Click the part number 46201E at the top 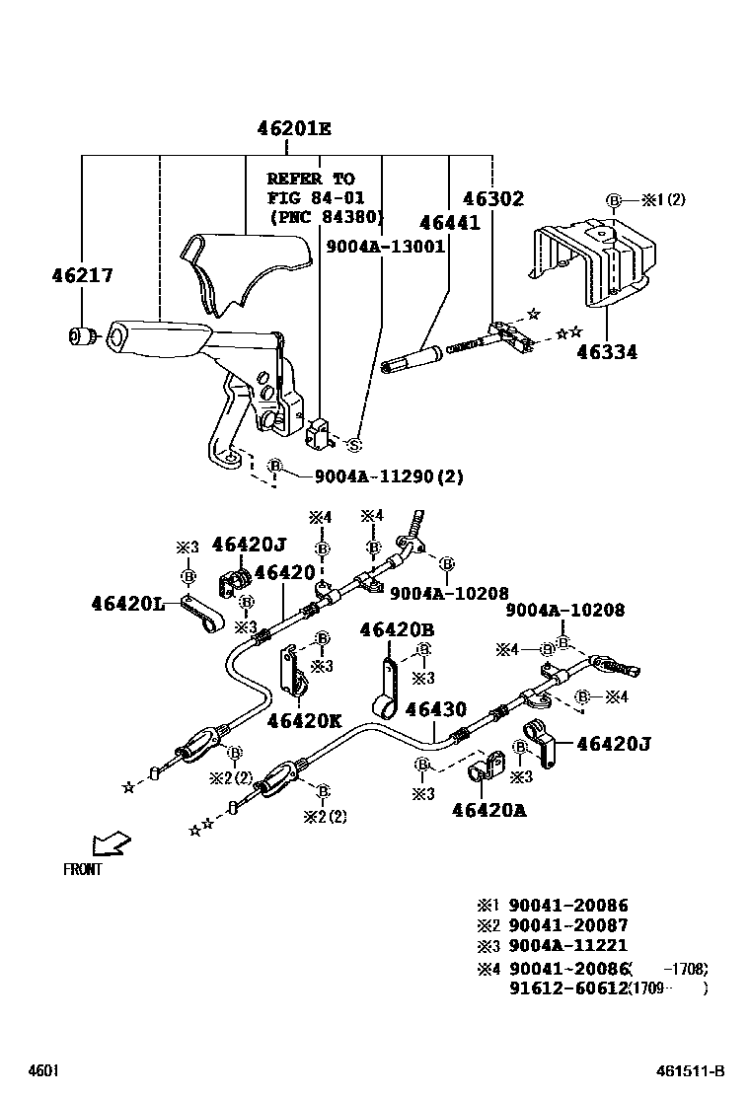294,128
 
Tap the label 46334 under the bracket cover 607,352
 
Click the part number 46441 449,223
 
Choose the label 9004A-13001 386,247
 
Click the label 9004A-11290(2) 389,476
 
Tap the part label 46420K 304,720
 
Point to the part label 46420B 397,629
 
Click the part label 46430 435,708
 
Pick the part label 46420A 489,810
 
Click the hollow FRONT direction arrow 110,842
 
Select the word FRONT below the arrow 82,870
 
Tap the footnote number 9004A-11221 567,946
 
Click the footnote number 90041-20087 567,925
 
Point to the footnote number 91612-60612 567,987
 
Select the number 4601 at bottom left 42,1071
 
